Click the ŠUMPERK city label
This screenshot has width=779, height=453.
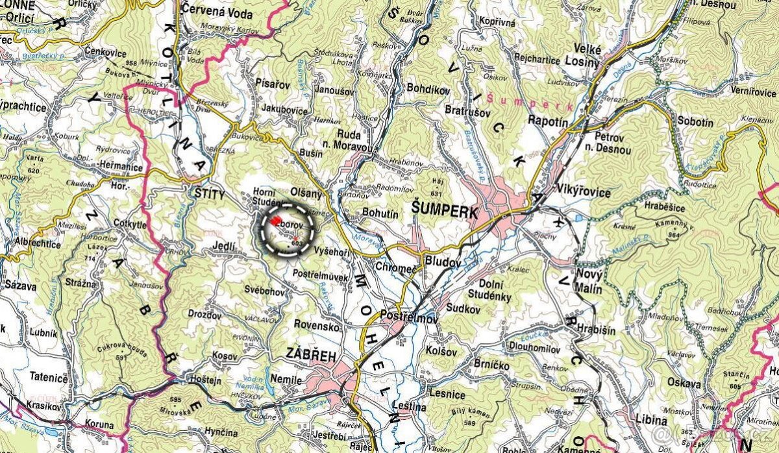pos(445,212)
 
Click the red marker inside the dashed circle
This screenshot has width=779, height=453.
pos(276,221)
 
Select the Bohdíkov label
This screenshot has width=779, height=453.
pos(428,89)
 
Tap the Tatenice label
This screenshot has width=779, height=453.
pos(49,377)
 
